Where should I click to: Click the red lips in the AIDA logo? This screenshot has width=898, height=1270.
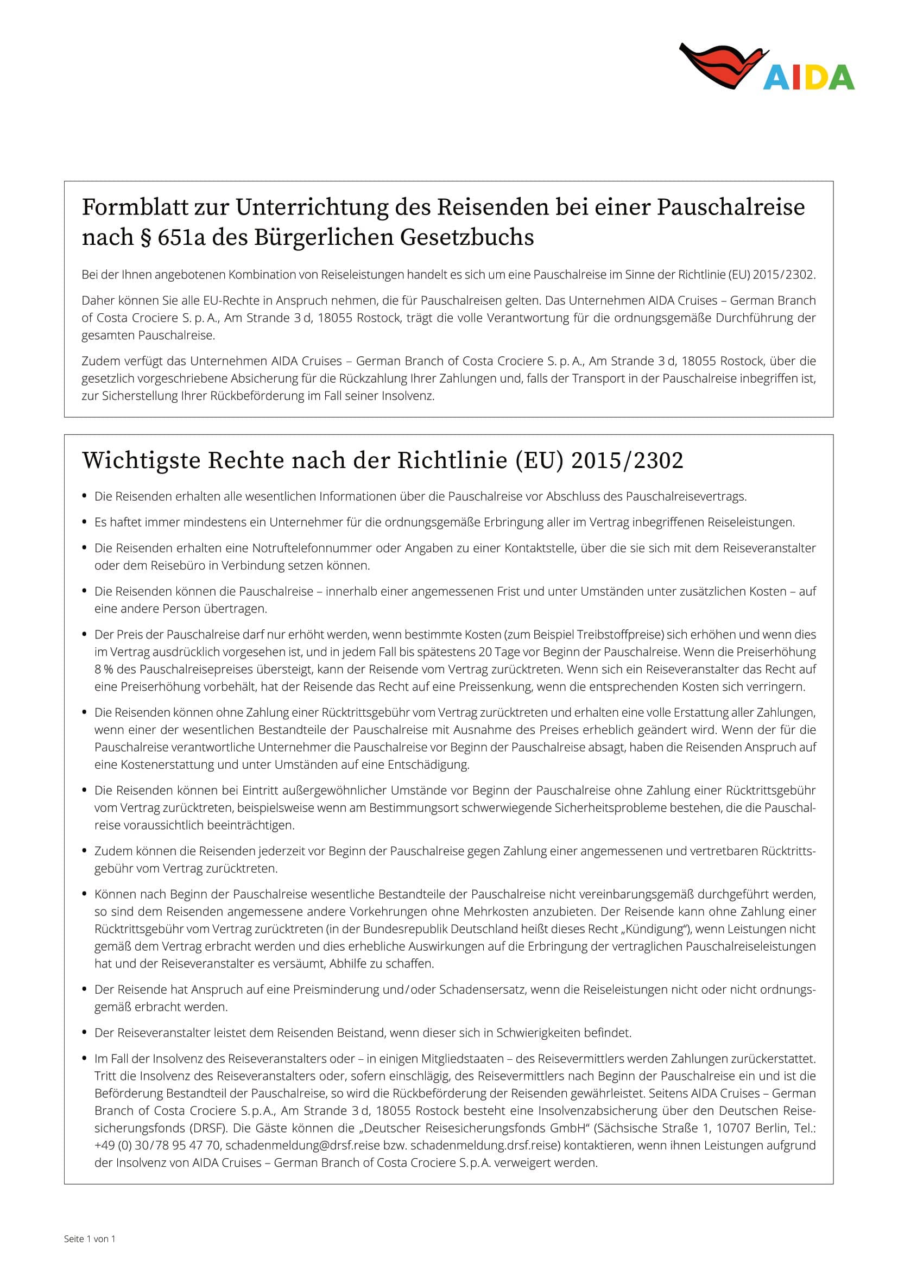719,64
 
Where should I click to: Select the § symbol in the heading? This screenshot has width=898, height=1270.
146,237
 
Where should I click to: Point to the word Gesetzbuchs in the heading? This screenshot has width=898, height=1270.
467,237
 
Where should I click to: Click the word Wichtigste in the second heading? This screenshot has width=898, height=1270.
141,460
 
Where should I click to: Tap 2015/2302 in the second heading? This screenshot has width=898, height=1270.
627,460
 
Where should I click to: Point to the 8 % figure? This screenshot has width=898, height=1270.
104,669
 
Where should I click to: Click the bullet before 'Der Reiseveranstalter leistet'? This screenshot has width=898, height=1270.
84,1032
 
